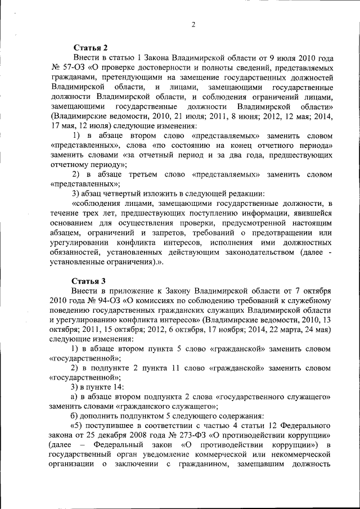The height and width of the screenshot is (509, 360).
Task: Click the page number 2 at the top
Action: click(192, 24)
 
